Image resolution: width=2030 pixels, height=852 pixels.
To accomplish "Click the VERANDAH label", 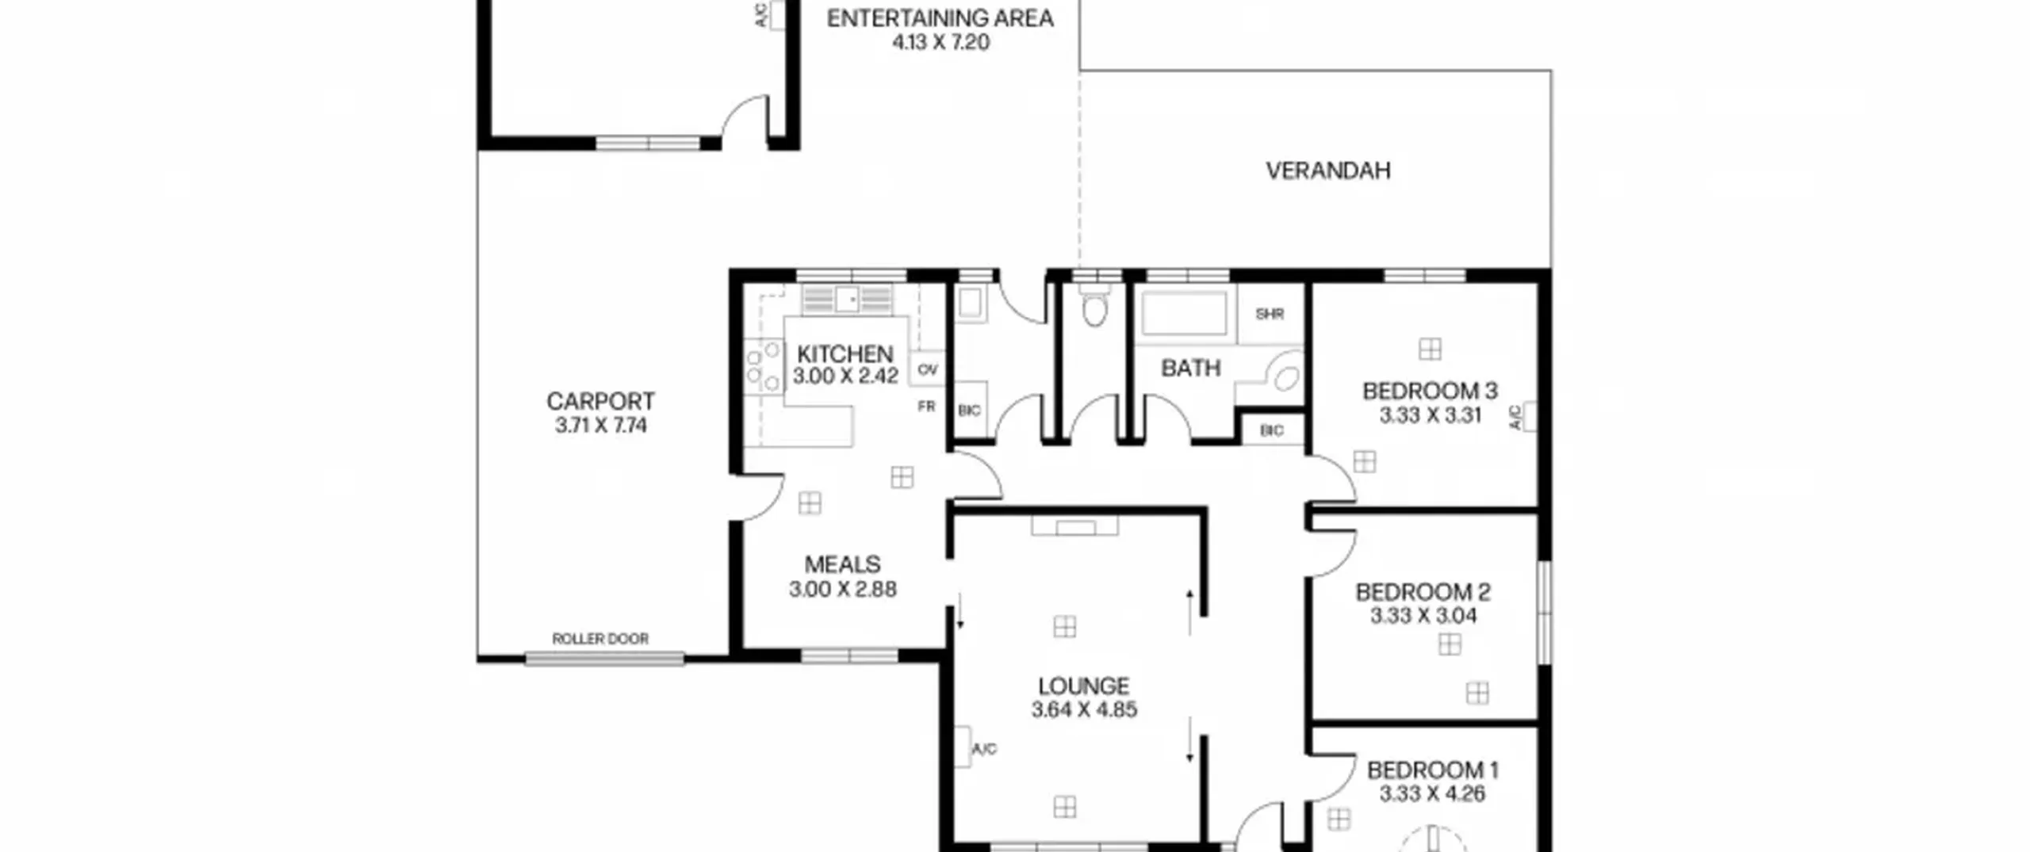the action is pos(1328,171).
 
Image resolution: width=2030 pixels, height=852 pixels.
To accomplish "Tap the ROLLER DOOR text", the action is pos(600,639).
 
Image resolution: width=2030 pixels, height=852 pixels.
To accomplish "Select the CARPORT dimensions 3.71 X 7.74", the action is pos(601,426).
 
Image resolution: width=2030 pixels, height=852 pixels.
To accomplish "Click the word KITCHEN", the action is pos(845,353).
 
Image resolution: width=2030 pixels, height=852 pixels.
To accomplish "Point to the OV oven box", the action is pos(928,369).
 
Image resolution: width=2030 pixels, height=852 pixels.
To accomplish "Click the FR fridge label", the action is pos(926,407).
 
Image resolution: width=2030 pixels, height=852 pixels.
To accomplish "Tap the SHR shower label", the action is pos(1270,314).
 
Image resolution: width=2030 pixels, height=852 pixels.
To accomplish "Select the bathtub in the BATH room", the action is pos(1184,313).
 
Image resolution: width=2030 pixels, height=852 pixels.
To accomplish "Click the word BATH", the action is pos(1190,369).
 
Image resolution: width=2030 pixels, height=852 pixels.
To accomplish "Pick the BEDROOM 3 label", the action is pos(1430,391).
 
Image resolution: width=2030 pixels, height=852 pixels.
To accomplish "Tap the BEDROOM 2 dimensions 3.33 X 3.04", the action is pos(1423,616).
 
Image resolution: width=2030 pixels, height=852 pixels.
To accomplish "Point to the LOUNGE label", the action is pos(1084,686).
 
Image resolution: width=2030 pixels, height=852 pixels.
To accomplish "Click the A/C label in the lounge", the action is pos(984,749).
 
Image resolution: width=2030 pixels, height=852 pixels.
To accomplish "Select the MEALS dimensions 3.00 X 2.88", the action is pos(843,590).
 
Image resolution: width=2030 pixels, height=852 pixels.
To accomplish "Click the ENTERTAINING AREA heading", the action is pos(940,18).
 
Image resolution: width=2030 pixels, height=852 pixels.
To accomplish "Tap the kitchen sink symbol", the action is pos(847,300).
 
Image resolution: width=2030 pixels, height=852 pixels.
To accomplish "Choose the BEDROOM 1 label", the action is pos(1432,770).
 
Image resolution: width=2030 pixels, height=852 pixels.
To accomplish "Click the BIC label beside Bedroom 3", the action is pos(1271,431).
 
